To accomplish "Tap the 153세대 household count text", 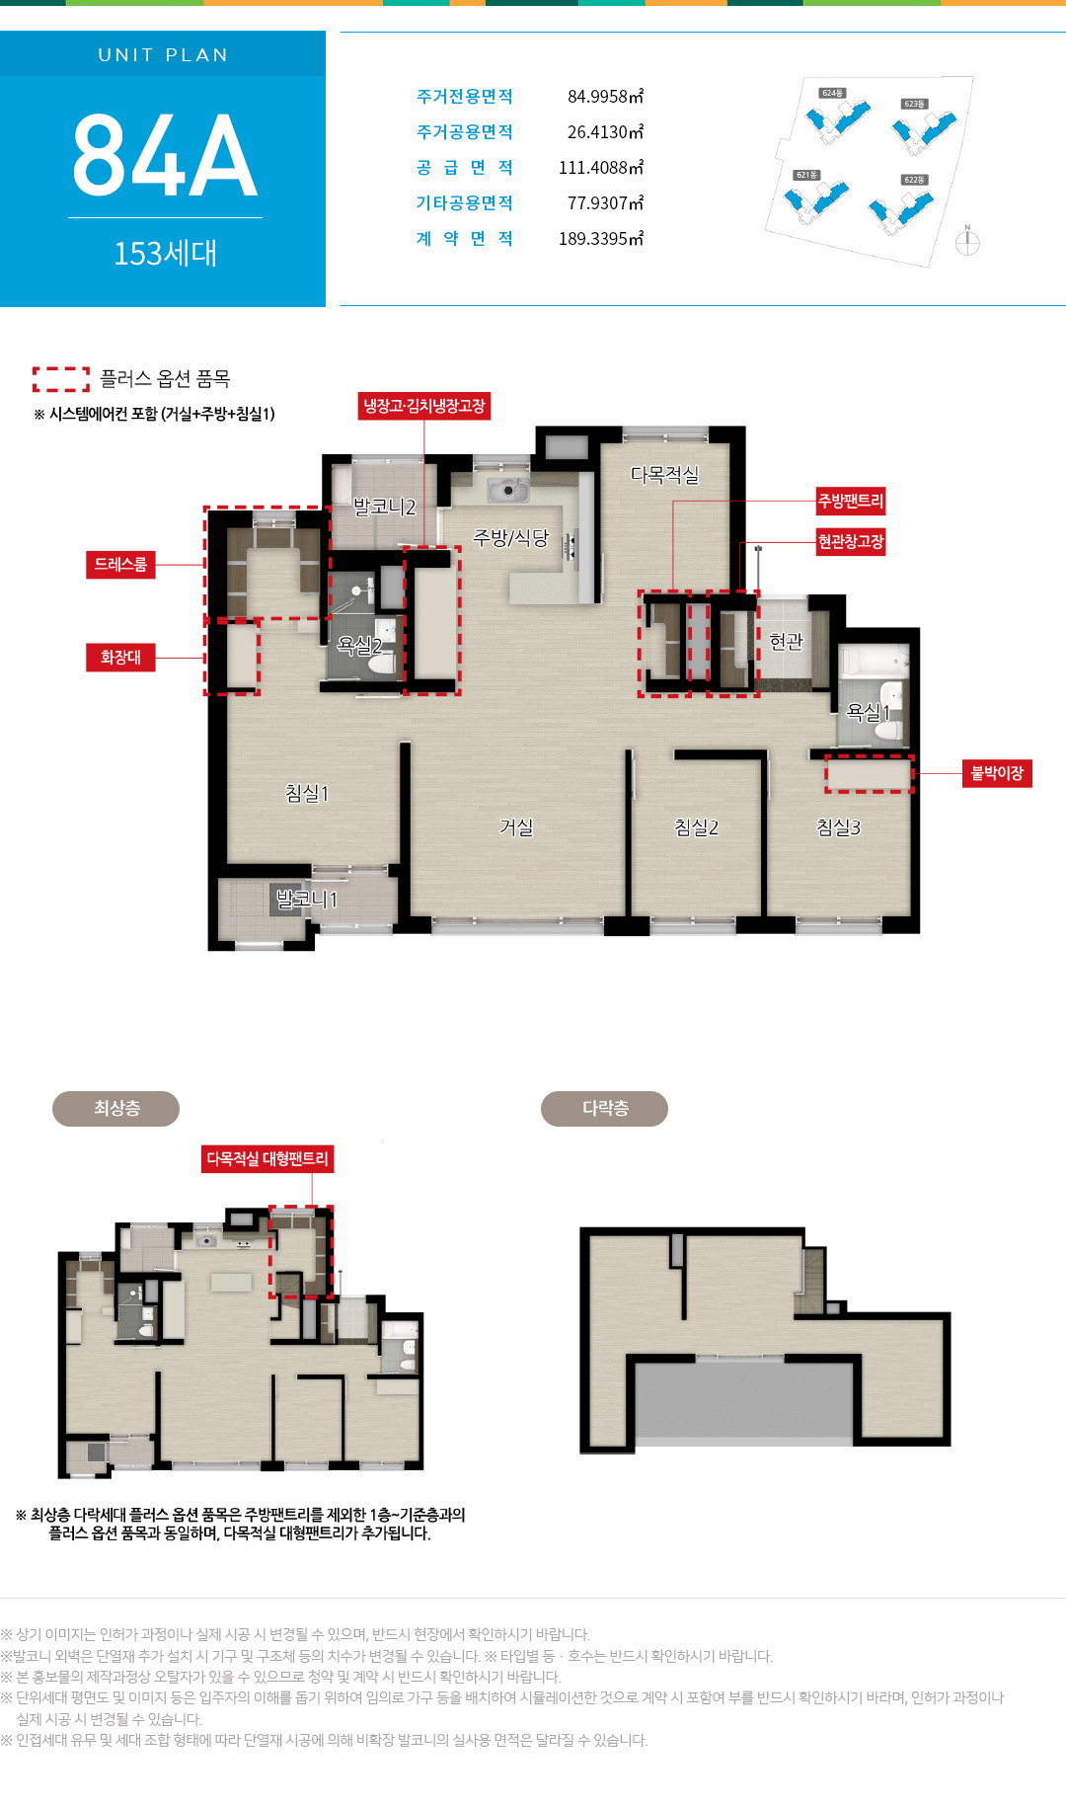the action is (165, 254).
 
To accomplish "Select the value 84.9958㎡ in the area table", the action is (605, 97).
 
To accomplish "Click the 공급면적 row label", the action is (465, 168).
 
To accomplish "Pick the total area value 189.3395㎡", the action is (601, 239).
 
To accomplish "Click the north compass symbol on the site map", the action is (967, 241).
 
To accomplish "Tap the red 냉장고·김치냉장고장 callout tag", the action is (424, 406).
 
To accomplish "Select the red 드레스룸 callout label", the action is (120, 565).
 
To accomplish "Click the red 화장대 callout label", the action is (120, 658).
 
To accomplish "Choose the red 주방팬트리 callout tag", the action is (851, 502).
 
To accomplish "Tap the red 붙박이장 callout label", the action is (997, 773).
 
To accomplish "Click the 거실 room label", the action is (516, 827).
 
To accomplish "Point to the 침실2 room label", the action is (696, 827).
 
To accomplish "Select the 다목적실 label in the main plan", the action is (664, 475).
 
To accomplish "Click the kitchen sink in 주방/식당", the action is (507, 489).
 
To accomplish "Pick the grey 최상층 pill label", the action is (115, 1109).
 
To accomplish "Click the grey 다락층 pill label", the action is (604, 1109).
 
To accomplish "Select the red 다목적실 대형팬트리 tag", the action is (267, 1159).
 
